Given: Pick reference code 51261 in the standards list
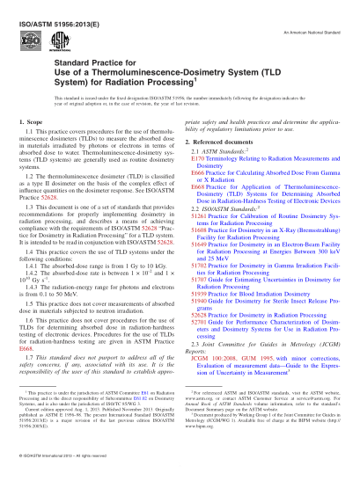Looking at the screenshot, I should coord(198,240).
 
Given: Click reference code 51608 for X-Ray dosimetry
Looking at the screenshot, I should coord(198,255).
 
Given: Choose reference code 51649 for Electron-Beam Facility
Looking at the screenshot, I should coord(198,270).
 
